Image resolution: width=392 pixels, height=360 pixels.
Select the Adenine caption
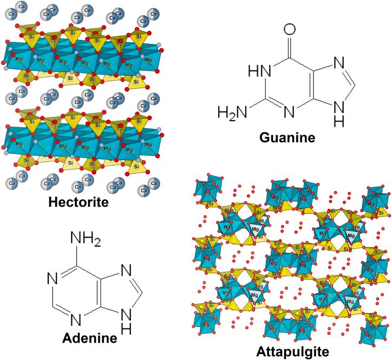pos(90,338)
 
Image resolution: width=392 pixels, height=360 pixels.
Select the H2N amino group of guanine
pos(230,112)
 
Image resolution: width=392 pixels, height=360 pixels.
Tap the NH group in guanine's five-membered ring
pos(339,112)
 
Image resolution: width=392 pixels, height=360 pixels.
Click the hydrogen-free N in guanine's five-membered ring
pos(338,62)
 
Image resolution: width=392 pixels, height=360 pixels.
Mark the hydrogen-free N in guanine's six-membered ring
pos(289,112)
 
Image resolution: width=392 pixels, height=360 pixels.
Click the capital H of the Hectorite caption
pos(53,202)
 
